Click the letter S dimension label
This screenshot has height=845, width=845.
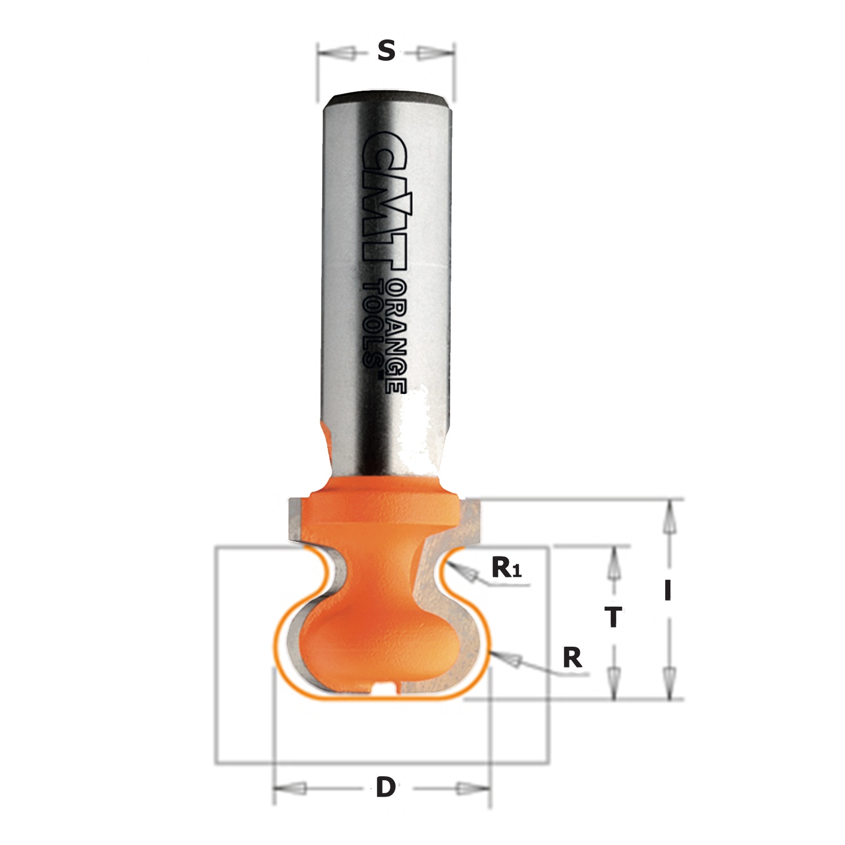click(x=385, y=52)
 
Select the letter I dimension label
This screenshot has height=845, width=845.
click(x=668, y=591)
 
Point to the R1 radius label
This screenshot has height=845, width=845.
click(x=506, y=568)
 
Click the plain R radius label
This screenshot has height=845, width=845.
click(x=572, y=657)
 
